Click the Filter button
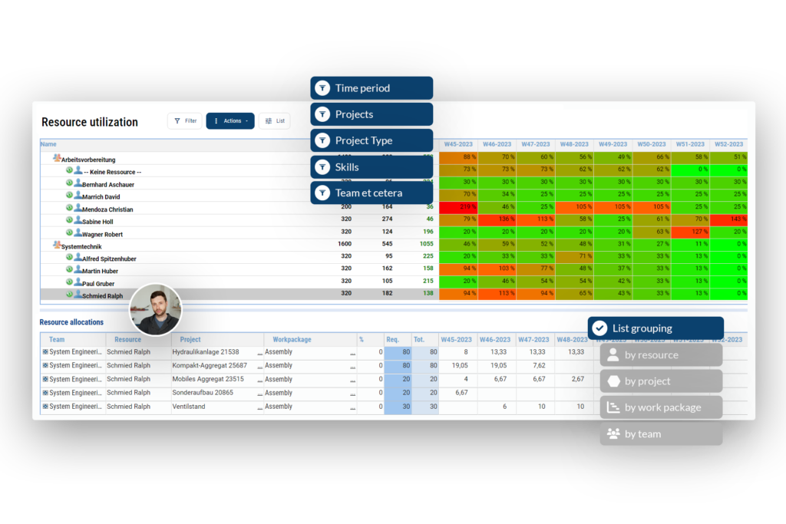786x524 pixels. click(x=184, y=120)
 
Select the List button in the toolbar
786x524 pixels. click(x=274, y=120)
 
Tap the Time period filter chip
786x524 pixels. click(x=372, y=88)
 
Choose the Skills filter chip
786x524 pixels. click(x=372, y=167)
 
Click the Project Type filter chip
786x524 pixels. click(x=372, y=140)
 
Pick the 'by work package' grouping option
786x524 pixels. click(x=661, y=407)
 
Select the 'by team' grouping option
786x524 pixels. click(x=661, y=434)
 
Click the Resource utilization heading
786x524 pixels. click(x=90, y=122)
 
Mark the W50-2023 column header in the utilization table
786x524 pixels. click(x=651, y=144)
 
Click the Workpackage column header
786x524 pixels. click(x=292, y=339)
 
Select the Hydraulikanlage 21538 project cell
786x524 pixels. click(x=206, y=352)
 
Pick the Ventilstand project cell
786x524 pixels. click(x=189, y=407)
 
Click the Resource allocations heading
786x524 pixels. click(x=71, y=322)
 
